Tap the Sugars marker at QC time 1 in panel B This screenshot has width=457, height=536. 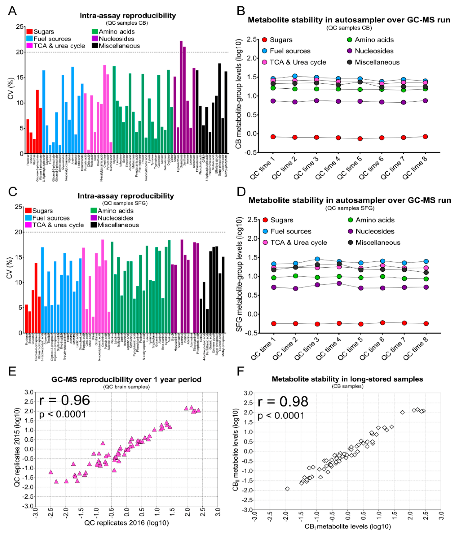273,137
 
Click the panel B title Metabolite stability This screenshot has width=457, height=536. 349,20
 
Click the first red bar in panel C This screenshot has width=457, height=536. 26,319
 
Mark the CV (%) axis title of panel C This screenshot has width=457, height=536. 10,268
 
